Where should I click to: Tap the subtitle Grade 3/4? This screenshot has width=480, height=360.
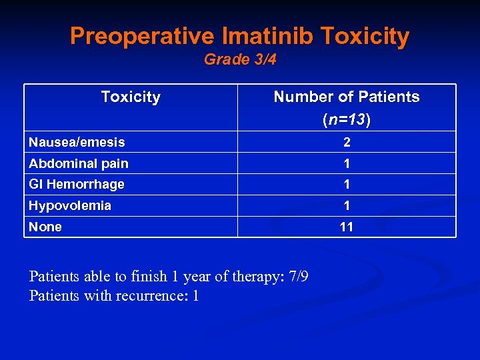tap(240, 60)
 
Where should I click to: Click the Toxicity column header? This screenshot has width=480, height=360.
tap(131, 97)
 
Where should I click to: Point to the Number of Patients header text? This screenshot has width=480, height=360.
tap(347, 97)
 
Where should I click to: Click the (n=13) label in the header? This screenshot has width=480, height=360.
tap(347, 121)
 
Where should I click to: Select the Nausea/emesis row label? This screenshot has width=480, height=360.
tap(77, 142)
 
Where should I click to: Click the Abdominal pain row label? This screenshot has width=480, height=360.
tap(79, 163)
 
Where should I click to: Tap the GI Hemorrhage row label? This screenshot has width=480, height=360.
tap(77, 185)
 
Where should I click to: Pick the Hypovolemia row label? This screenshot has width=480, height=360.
tap(70, 206)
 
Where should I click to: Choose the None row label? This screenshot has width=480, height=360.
tap(45, 227)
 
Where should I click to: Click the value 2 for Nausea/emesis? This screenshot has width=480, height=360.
tap(347, 142)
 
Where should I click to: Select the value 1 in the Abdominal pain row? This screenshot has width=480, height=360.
tap(347, 163)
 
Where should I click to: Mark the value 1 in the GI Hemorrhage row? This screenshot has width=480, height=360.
tap(347, 185)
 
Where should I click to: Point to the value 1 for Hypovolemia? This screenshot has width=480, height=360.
tap(347, 206)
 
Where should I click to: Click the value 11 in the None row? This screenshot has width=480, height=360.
tap(347, 227)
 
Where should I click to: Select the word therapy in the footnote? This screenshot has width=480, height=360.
tap(250, 277)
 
